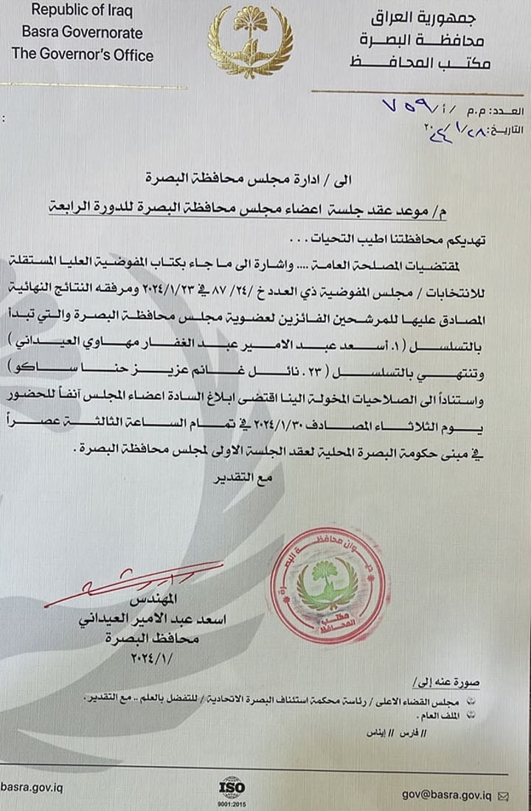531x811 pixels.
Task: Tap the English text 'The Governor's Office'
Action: [x=83, y=55]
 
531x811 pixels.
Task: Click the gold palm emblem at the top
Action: [x=250, y=41]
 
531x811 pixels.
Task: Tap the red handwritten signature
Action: [x=125, y=582]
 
